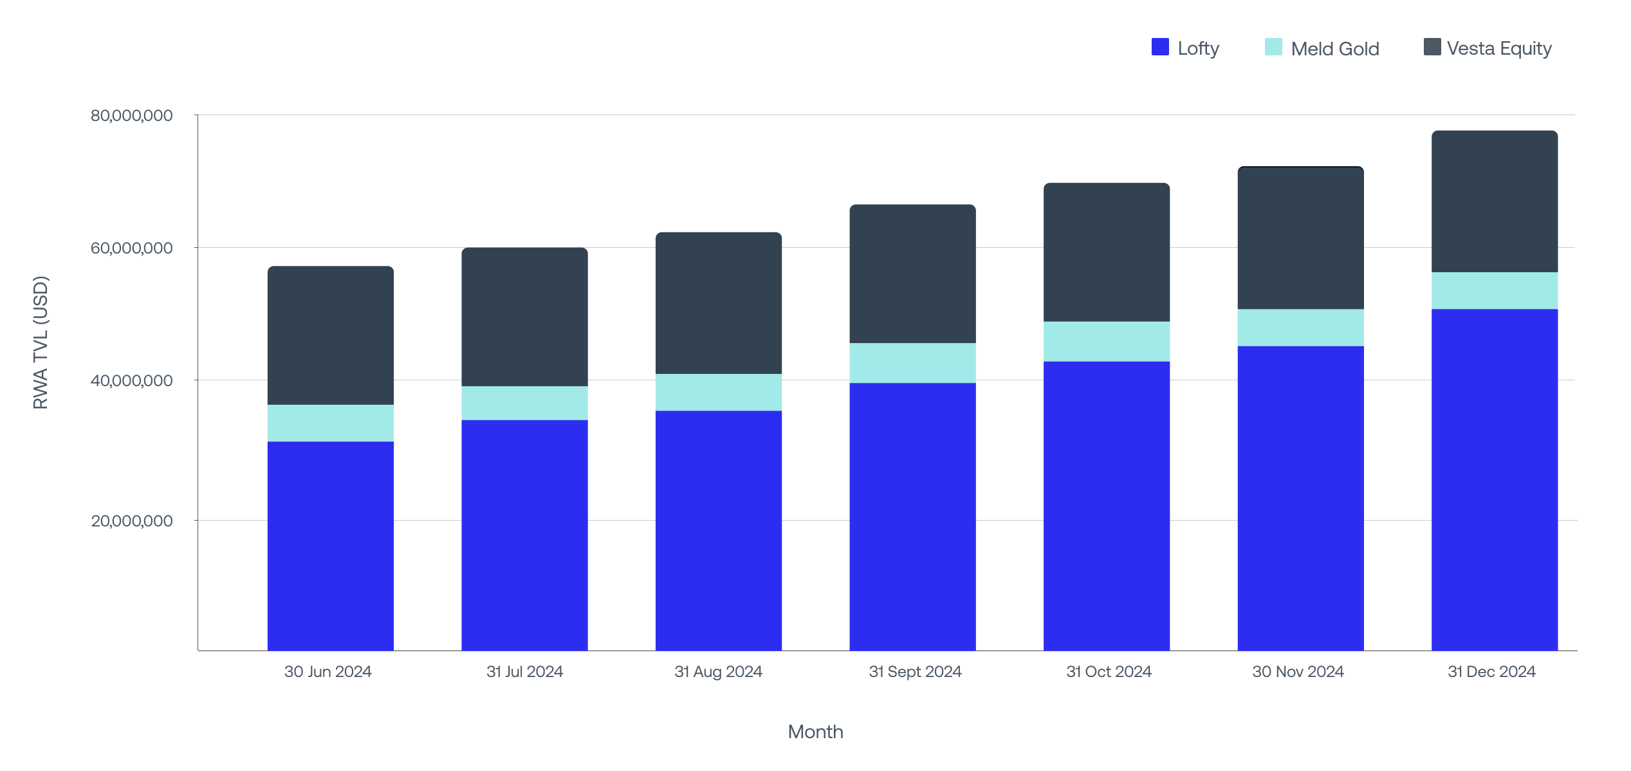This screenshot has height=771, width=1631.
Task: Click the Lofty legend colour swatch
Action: pos(1159,47)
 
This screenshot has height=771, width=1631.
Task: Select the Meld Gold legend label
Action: pos(1334,49)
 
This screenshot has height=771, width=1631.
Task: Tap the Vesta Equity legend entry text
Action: pos(1498,48)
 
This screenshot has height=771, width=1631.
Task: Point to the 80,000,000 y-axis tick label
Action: pos(131,116)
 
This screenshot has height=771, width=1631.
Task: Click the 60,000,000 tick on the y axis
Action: pos(131,248)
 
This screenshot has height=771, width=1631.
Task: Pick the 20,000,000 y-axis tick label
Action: pos(131,521)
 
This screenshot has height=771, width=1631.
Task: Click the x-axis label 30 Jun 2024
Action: pos(327,672)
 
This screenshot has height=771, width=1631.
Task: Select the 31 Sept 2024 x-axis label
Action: pos(914,672)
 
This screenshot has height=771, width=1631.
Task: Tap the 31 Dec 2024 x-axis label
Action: pos(1491,672)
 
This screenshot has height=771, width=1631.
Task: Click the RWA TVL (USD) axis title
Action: pos(41,342)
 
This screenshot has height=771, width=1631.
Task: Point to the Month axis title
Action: pos(815,732)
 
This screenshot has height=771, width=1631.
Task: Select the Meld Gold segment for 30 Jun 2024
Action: pos(330,423)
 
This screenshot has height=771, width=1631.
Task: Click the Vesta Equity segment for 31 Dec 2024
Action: pos(1494,201)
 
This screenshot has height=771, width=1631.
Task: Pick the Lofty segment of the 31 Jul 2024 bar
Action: pos(524,535)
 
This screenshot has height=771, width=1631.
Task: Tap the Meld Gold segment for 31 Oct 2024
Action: pos(1106,341)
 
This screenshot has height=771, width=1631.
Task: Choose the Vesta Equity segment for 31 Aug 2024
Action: pos(718,303)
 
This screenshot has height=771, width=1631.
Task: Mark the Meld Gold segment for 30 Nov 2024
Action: pos(1300,328)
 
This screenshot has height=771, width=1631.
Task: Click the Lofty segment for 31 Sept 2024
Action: pos(912,516)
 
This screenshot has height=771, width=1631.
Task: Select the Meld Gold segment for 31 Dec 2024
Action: pos(1494,291)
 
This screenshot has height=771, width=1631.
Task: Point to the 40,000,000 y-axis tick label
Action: pos(131,381)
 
